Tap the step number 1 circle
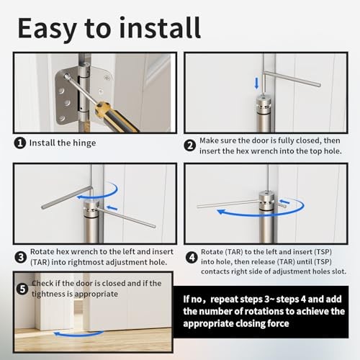pos(19,143)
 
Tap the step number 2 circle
pos(190,145)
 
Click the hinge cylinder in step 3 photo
pos(92,215)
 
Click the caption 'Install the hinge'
pos(62,143)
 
